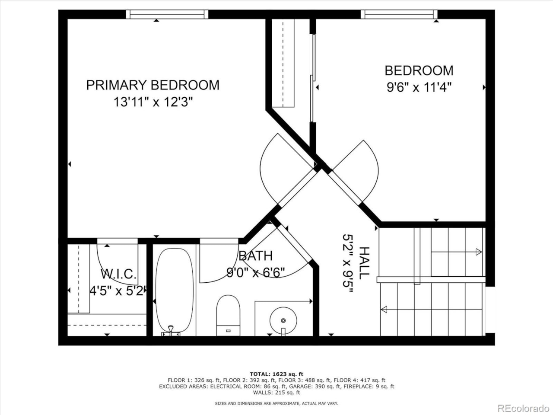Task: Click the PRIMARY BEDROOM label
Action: click(153, 85)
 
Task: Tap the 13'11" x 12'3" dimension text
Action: click(153, 102)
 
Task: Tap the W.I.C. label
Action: click(118, 274)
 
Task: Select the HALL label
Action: click(364, 262)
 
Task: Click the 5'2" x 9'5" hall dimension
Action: click(348, 264)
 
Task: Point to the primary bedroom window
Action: click(167, 14)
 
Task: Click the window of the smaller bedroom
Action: click(399, 14)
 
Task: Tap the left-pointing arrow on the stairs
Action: click(384, 309)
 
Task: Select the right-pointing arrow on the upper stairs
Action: click(478, 252)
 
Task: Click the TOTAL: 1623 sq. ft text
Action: click(276, 374)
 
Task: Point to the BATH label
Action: click(255, 256)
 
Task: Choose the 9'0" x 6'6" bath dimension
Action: click(255, 273)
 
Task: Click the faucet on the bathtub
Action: click(171, 331)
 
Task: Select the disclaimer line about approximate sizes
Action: click(276, 403)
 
